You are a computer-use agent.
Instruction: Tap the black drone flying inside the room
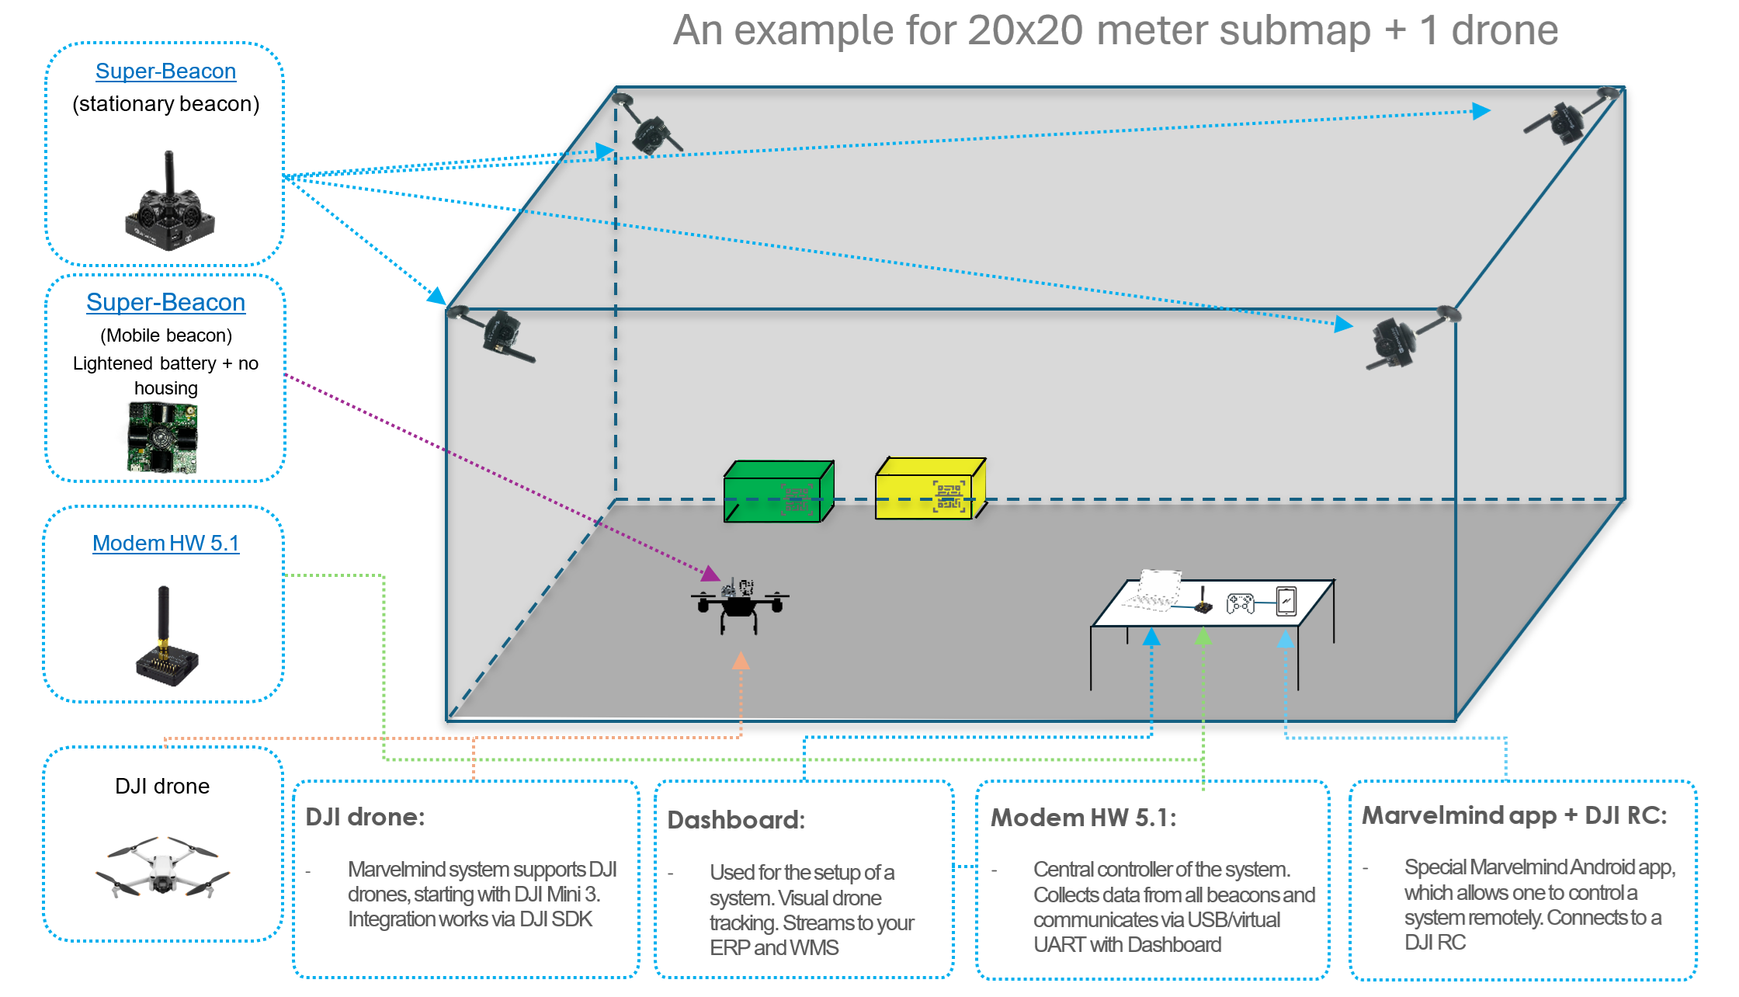point(738,605)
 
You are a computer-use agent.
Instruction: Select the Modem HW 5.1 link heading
point(165,543)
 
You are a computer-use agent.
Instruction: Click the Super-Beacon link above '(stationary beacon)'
point(165,71)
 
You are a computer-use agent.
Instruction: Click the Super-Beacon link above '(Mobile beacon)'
point(165,302)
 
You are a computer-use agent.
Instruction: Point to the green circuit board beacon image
point(162,438)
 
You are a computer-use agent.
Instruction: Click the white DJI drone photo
point(162,867)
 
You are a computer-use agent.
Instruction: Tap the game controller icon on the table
point(1240,603)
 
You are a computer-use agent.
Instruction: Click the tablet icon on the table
point(1286,601)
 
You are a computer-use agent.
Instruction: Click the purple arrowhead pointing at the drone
point(709,575)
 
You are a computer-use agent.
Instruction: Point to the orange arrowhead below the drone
point(741,661)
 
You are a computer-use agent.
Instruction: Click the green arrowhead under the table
point(1203,637)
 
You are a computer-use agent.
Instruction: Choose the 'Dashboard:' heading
point(736,820)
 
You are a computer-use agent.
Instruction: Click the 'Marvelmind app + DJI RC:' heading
point(1514,815)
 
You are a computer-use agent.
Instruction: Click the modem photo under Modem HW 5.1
point(165,637)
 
